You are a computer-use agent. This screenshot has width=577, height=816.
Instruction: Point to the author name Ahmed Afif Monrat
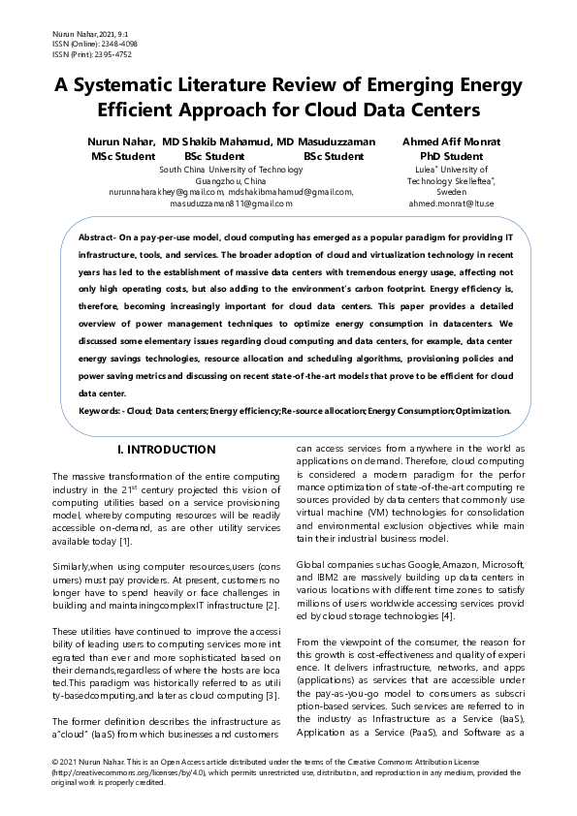(x=451, y=141)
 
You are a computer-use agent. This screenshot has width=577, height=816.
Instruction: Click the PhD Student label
(x=451, y=155)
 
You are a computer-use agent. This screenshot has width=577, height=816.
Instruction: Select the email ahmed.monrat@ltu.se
(x=451, y=204)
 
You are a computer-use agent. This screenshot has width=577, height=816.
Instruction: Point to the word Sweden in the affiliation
(x=451, y=192)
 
